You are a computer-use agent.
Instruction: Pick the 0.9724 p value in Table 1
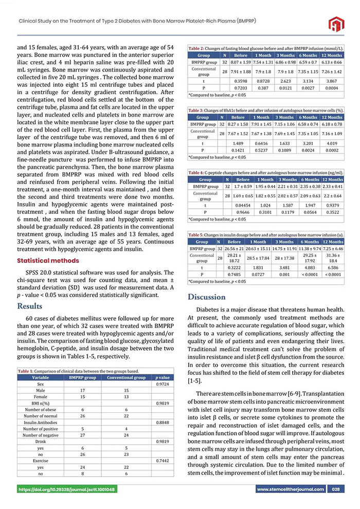164,384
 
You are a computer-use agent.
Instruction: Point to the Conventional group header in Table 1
125,377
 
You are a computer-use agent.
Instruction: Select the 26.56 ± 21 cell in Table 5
234,248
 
